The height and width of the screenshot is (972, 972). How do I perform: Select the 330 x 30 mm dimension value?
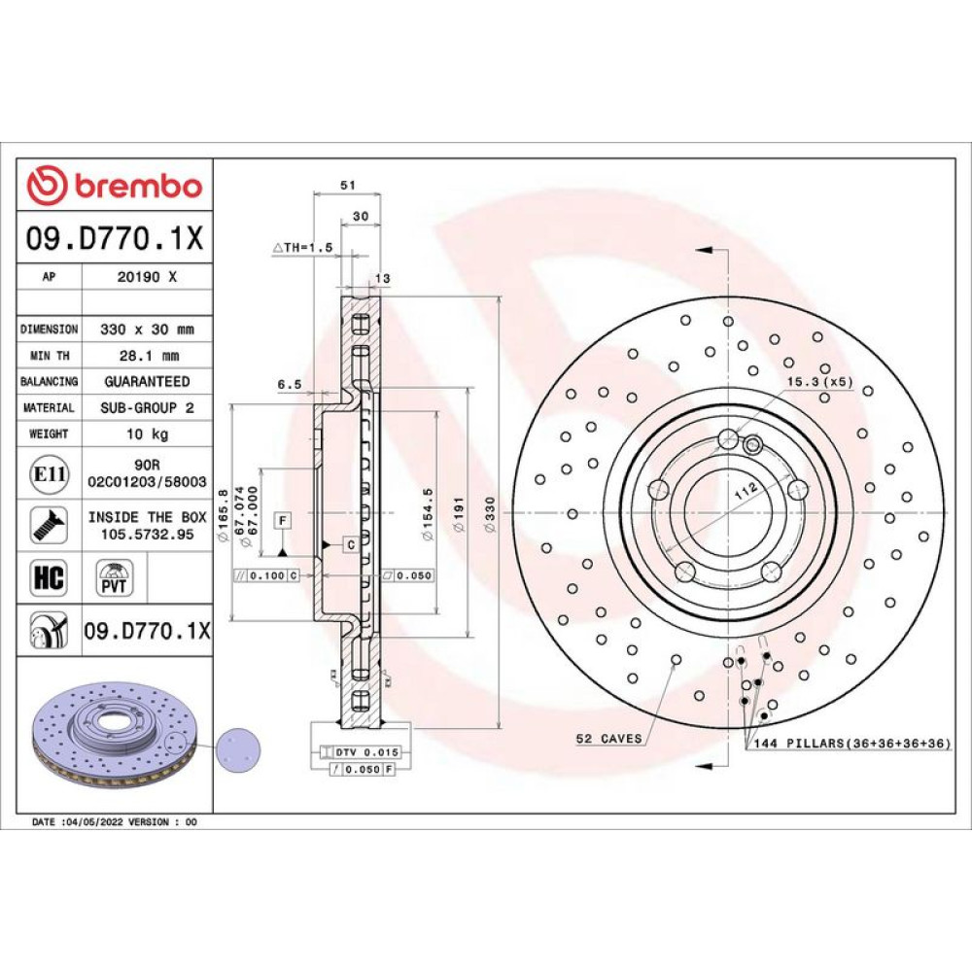point(147,330)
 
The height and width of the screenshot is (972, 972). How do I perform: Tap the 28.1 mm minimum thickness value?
point(149,356)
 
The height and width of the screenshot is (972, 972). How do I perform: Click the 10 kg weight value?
point(147,434)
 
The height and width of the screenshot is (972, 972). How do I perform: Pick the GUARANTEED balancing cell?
point(147,381)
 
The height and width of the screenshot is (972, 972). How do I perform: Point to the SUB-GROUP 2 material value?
point(147,407)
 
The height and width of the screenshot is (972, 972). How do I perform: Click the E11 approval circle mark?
point(50,474)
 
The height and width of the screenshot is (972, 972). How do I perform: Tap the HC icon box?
point(49,576)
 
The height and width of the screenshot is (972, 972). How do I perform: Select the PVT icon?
point(114,577)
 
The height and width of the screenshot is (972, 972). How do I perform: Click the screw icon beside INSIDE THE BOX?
point(49,525)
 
